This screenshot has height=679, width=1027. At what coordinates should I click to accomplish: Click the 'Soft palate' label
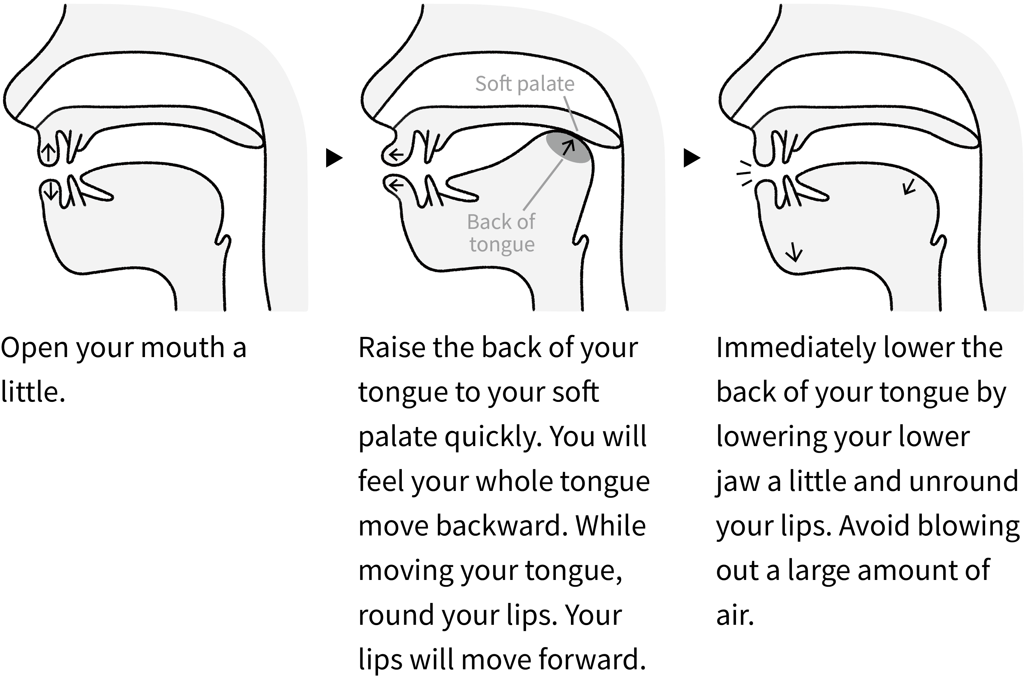click(525, 84)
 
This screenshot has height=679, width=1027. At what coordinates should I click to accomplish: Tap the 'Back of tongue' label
click(501, 233)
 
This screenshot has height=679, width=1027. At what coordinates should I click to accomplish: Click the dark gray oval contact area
click(568, 147)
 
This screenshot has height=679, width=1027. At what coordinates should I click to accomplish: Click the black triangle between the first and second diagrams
click(334, 158)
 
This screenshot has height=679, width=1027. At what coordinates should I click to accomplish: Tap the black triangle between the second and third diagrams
click(692, 158)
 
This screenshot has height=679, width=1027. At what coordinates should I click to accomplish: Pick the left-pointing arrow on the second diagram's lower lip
click(396, 186)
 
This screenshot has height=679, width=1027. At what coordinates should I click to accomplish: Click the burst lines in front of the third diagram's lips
click(744, 174)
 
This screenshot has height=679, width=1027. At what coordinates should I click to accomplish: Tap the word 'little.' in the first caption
click(33, 392)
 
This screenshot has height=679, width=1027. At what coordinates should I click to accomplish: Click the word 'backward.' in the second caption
click(502, 526)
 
